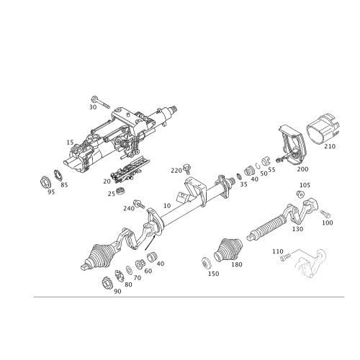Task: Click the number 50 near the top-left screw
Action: click(x=93, y=107)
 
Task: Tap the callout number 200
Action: click(x=301, y=168)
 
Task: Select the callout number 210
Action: click(x=330, y=146)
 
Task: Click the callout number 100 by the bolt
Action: click(x=329, y=222)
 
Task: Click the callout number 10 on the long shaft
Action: click(x=166, y=206)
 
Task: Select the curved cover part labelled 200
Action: click(x=291, y=144)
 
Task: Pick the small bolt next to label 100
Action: click(x=323, y=215)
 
